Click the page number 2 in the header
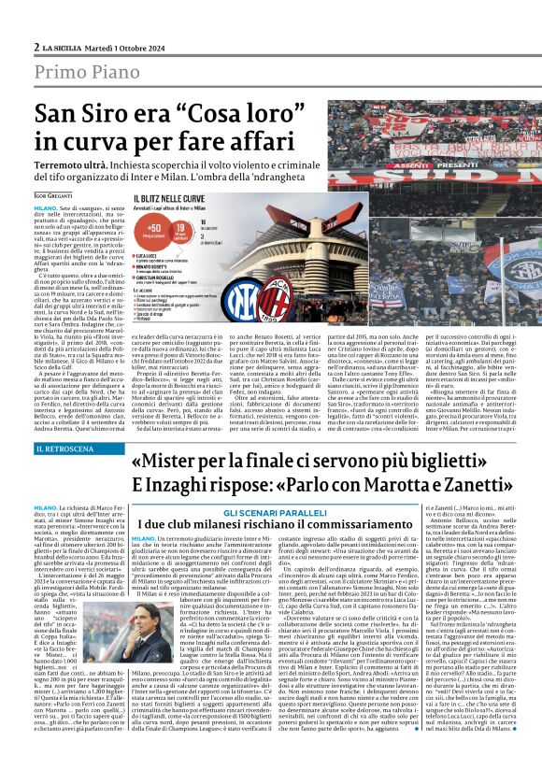(x=36, y=48)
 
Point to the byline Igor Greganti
(x=56, y=194)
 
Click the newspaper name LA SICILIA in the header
(x=63, y=48)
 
